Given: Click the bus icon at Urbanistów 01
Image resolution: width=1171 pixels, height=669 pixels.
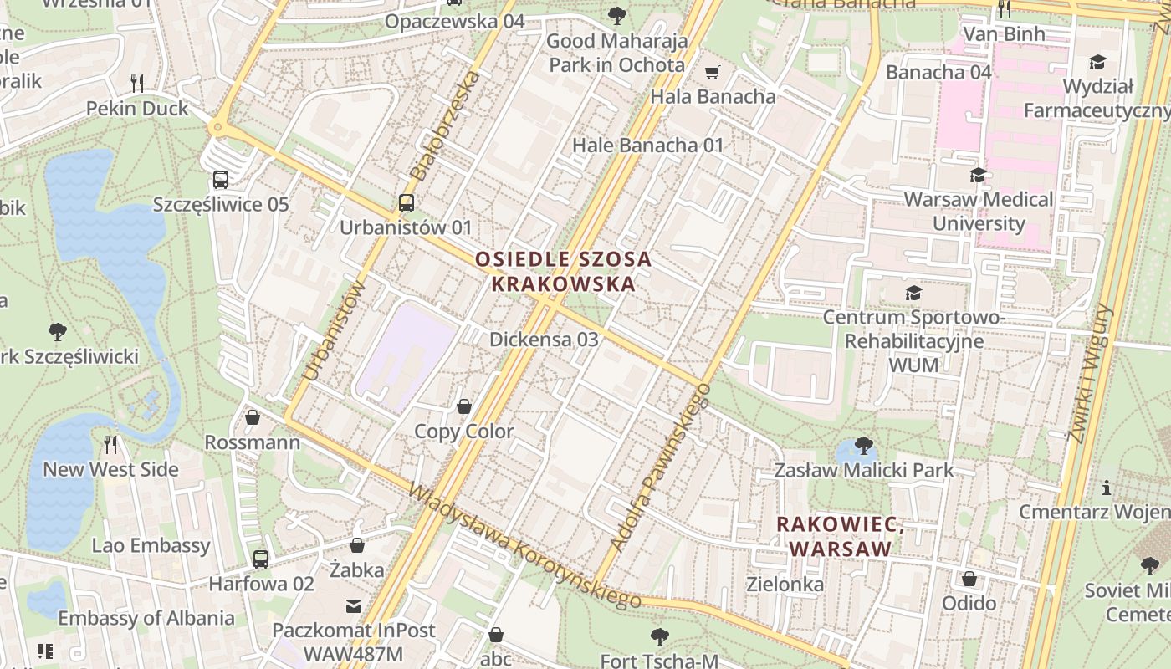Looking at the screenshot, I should [x=406, y=202].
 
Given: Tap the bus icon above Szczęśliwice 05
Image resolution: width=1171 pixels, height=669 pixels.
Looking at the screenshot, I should [x=221, y=179].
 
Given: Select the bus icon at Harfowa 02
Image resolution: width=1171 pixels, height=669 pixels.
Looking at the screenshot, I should [x=261, y=559].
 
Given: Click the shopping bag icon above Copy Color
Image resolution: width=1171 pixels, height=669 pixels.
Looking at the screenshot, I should [x=464, y=406].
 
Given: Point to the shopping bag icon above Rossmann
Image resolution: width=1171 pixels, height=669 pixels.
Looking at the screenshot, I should [x=253, y=416].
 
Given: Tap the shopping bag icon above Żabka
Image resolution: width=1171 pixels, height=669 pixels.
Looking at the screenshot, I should [x=357, y=545].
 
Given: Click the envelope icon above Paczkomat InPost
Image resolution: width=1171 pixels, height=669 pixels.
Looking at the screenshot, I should [x=355, y=605].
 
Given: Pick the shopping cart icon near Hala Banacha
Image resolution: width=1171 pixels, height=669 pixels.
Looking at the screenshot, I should [x=713, y=72].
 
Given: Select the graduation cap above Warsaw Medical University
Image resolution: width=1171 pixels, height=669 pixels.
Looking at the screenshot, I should [x=978, y=175].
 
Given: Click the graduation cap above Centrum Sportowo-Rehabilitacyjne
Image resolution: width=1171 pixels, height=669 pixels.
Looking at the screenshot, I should [x=913, y=293].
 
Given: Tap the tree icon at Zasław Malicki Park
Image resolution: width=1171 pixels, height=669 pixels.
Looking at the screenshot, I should [x=864, y=445].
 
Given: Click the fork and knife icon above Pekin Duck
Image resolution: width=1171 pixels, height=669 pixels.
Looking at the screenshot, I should [x=138, y=83].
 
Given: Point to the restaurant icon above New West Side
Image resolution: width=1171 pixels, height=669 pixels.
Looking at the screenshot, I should [x=111, y=444].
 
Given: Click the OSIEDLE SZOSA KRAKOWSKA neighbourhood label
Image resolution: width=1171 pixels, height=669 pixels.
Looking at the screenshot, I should [x=563, y=271].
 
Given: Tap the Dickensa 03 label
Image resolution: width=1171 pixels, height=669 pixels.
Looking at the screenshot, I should [x=544, y=339].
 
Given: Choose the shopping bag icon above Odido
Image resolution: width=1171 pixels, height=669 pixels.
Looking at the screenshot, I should [x=969, y=578].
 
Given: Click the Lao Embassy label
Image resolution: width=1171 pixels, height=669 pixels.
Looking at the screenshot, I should [x=151, y=545].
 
